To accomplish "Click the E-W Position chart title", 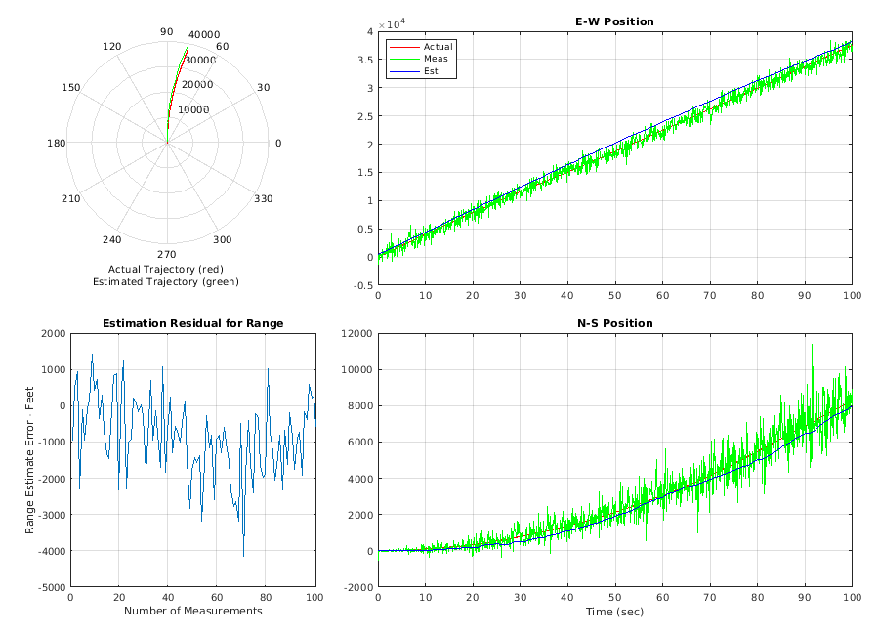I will click(x=614, y=21).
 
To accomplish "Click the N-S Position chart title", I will click(x=614, y=323).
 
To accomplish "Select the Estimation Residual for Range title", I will click(x=192, y=323).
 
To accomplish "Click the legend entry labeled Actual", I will click(x=438, y=47).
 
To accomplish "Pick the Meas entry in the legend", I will click(x=436, y=59).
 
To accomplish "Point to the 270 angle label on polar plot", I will click(x=167, y=254).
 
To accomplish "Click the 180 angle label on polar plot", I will click(x=56, y=144).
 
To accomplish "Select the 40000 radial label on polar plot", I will click(x=204, y=35).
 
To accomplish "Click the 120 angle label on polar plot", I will click(x=111, y=47).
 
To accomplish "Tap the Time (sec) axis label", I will click(x=614, y=612).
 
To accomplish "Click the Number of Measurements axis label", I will click(x=192, y=611).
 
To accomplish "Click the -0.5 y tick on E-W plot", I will click(x=361, y=285).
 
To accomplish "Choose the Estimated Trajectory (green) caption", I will click(x=166, y=281).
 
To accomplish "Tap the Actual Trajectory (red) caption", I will click(x=166, y=269).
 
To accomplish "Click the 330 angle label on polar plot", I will click(x=264, y=199).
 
